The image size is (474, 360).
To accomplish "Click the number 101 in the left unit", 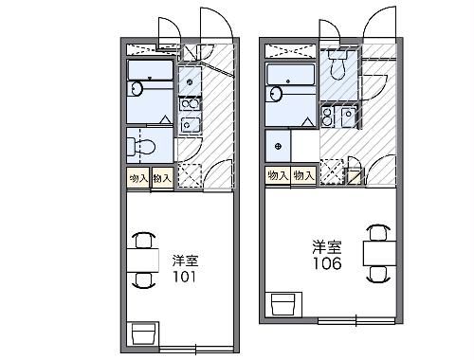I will pyautogui.click(x=184, y=278).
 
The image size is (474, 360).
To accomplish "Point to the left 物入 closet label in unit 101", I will pyautogui.click(x=137, y=177).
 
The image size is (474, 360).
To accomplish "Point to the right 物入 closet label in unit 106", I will pyautogui.click(x=303, y=175).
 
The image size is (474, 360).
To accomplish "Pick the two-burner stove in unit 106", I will pyautogui.click(x=327, y=117).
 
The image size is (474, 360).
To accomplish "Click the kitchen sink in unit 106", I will pyautogui.click(x=349, y=117).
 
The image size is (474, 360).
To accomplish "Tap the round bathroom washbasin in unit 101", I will pyautogui.click(x=136, y=90).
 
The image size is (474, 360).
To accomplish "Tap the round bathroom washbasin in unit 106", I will pyautogui.click(x=276, y=94).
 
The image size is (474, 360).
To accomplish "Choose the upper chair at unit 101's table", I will pyautogui.click(x=143, y=240).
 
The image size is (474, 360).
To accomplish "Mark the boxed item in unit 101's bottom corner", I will pyautogui.click(x=143, y=334).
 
